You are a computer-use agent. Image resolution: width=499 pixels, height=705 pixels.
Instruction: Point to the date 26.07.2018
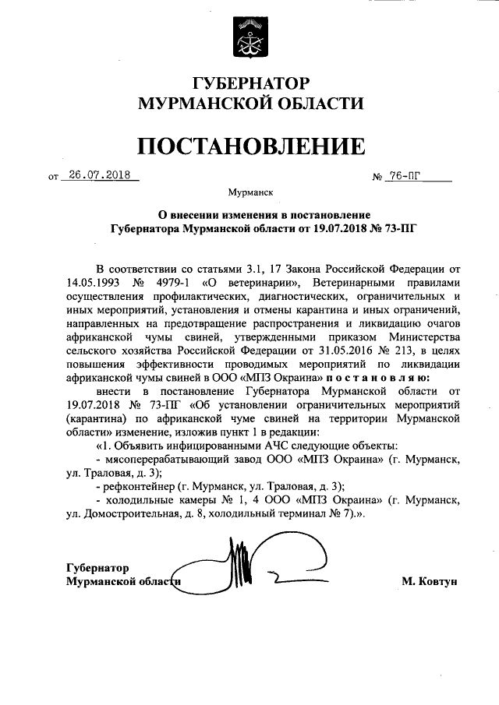[99, 174]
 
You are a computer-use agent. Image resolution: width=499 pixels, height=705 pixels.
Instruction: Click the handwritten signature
[249, 569]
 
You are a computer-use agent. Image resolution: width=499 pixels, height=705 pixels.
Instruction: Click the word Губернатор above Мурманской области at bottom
[97, 567]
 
